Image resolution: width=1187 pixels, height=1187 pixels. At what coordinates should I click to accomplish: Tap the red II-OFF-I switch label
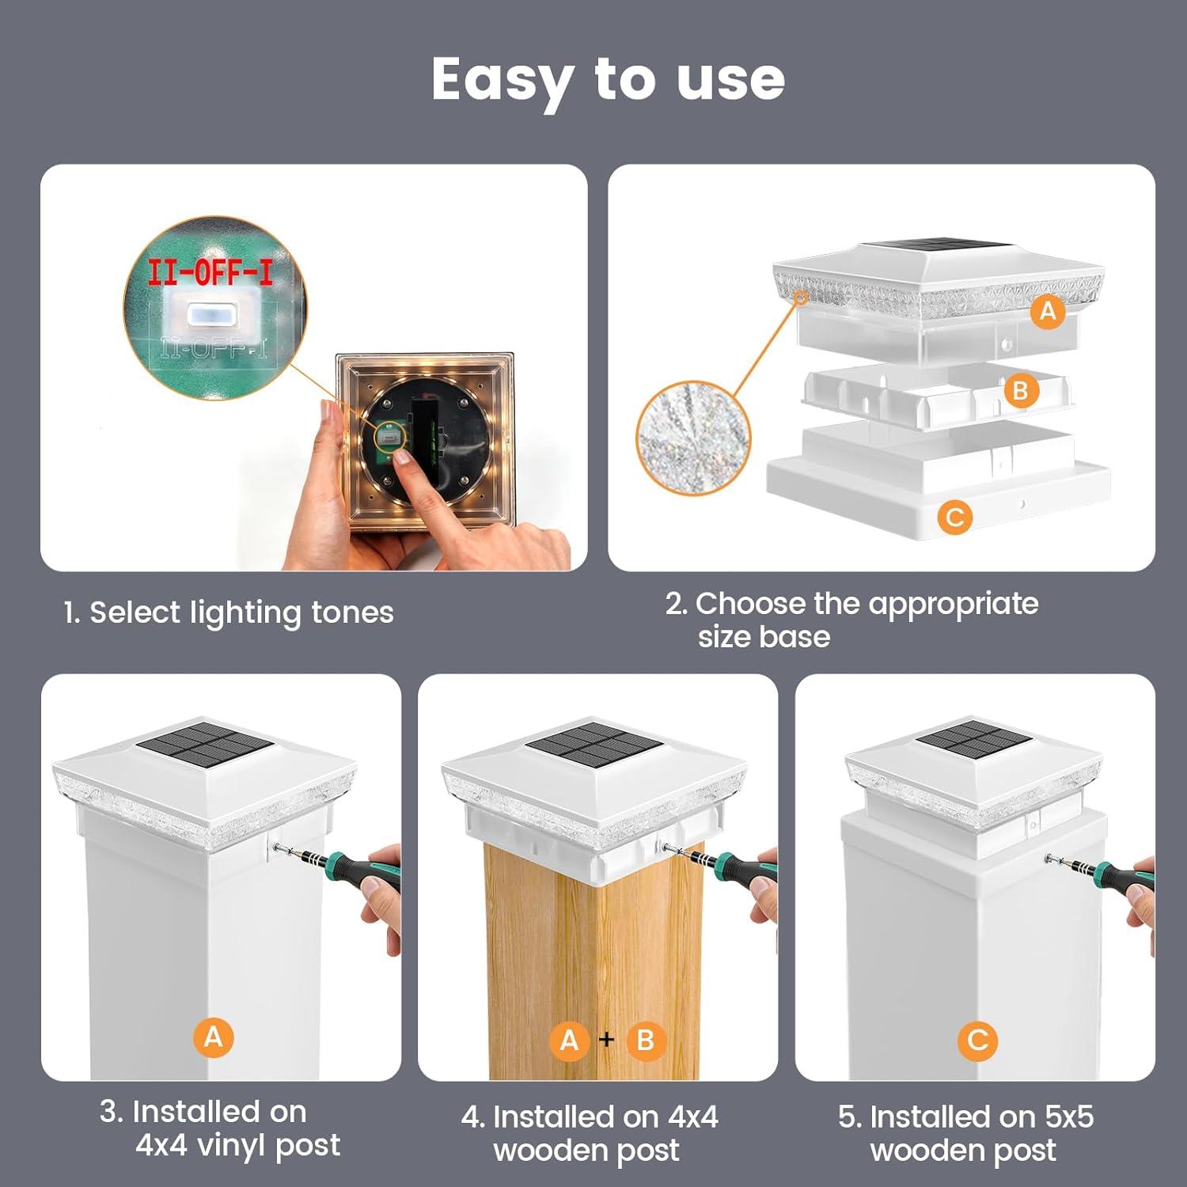[x=210, y=272]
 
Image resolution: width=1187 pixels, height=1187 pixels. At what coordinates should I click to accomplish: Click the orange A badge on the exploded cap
[x=1048, y=311]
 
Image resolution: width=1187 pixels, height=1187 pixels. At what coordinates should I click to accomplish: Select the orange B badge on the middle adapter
[x=1021, y=390]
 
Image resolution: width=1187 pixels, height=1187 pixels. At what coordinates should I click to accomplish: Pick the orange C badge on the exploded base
[x=955, y=518]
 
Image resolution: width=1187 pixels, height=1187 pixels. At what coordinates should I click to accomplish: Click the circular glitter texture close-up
[x=693, y=437]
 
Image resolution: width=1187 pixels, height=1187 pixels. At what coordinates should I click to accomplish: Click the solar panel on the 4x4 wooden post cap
[x=595, y=745]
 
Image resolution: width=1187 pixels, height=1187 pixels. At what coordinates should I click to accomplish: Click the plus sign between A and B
[x=607, y=1039]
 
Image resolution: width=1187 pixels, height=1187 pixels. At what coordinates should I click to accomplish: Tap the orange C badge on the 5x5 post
[x=977, y=1040]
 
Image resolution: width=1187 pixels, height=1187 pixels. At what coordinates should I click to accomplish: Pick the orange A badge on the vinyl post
[x=214, y=1037]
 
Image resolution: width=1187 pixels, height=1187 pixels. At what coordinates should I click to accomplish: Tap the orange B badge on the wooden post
[x=646, y=1040]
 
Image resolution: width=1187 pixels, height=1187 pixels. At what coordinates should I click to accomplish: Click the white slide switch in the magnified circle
[x=210, y=314]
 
